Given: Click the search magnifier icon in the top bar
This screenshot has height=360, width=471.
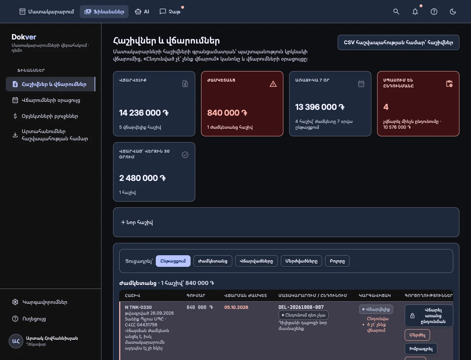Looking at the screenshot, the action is tap(396, 12).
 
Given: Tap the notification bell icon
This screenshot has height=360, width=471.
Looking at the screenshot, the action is tap(415, 12).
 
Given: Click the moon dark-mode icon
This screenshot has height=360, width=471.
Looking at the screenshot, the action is tap(453, 12).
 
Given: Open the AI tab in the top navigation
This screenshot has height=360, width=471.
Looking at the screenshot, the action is tap(142, 12).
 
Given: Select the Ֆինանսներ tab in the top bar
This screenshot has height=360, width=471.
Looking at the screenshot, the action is tap(104, 12).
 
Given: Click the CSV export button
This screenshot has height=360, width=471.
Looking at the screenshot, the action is tap(398, 42).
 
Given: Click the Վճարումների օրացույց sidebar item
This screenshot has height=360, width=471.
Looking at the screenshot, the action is tap(51, 100).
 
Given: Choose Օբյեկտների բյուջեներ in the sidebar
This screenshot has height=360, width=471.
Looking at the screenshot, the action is tap(50, 116).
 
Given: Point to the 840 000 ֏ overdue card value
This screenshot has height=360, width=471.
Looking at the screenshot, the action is tap(227, 113).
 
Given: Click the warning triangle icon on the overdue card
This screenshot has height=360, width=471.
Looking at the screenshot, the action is tap(273, 84).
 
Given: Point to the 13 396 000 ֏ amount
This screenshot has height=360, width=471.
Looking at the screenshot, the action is tap(320, 107).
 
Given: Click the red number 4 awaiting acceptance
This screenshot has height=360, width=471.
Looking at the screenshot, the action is tap(385, 107).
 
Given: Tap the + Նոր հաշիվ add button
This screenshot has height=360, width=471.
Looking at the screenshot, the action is tap(137, 222).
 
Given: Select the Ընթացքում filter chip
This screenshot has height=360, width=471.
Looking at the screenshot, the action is tap(173, 261).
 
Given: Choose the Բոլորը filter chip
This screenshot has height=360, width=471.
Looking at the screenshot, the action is tap(337, 261).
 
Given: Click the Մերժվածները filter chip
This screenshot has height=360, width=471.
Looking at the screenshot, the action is tap(301, 261).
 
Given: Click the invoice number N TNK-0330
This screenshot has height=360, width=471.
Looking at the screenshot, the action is tap(138, 307).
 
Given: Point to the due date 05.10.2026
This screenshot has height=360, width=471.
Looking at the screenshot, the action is tap(236, 307).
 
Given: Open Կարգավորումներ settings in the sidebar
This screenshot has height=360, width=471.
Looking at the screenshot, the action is tap(45, 302).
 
